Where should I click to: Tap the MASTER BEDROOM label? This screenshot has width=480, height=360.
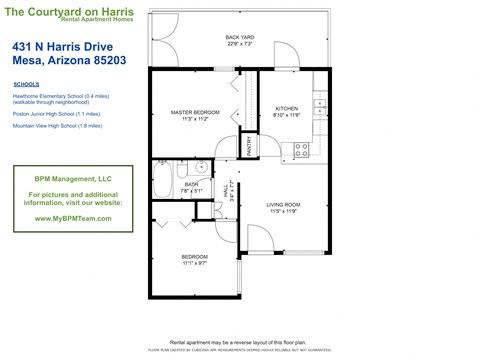tap(194, 114)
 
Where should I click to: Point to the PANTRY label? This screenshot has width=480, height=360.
tap(249, 146)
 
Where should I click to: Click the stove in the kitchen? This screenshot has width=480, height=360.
tap(301, 150)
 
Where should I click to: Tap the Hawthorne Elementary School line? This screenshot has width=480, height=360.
tap(60, 95)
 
